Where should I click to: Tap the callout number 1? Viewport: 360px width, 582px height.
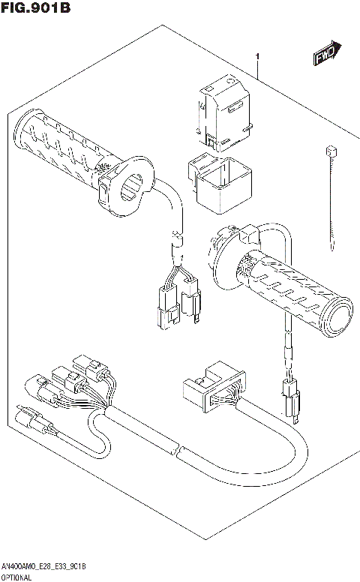click(x=257, y=56)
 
